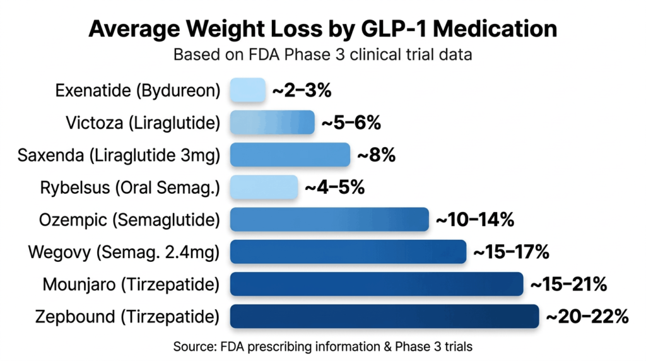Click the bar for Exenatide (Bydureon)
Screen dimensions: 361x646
(x=248, y=90)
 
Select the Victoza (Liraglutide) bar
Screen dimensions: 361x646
(x=272, y=122)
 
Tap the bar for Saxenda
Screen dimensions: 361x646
(x=290, y=155)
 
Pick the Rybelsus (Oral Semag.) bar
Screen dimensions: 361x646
(x=264, y=187)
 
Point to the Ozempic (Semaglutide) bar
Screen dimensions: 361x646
(x=329, y=220)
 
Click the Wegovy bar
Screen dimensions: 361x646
(x=348, y=252)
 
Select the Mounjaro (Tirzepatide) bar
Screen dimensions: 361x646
(x=377, y=284)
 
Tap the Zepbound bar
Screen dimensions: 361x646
(x=384, y=316)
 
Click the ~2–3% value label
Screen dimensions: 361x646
(x=302, y=90)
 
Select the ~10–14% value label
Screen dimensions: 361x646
(x=475, y=220)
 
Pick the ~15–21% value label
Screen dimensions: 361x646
(x=568, y=285)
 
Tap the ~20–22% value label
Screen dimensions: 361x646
(x=587, y=317)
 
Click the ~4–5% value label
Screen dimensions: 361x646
(x=334, y=187)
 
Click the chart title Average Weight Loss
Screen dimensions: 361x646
(x=322, y=29)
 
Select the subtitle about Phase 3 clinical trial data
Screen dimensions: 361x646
(x=322, y=55)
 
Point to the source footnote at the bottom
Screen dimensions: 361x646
(x=322, y=346)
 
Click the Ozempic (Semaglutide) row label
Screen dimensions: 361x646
(x=129, y=220)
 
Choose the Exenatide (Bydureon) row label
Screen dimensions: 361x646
(x=138, y=90)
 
